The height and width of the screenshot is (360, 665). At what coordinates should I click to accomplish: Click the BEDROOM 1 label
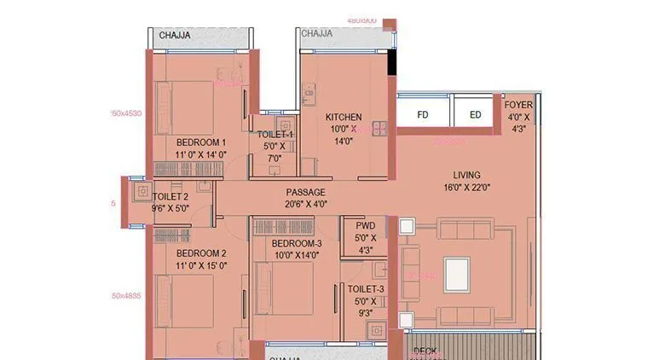point(200,142)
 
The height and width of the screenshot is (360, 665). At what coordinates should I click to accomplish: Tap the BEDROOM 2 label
point(200,253)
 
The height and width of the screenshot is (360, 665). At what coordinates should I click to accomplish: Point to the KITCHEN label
point(344,117)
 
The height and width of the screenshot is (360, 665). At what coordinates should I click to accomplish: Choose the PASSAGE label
point(305,192)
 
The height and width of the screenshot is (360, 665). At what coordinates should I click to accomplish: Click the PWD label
point(366,226)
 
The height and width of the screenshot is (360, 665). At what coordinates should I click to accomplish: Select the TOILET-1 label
point(276,135)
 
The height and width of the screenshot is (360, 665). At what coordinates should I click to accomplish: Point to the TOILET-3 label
point(366,289)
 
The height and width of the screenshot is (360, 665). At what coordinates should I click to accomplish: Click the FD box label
point(423,114)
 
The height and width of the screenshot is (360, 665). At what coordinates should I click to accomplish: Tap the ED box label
point(475,114)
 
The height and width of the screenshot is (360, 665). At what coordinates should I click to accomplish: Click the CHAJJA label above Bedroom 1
point(175,35)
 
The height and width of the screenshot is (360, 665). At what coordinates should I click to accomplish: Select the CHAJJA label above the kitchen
point(315,35)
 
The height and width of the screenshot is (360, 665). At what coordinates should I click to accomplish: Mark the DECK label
point(425,351)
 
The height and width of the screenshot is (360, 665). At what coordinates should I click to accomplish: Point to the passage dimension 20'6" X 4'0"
point(305,205)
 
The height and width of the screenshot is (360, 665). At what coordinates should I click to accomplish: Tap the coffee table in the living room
point(456,274)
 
